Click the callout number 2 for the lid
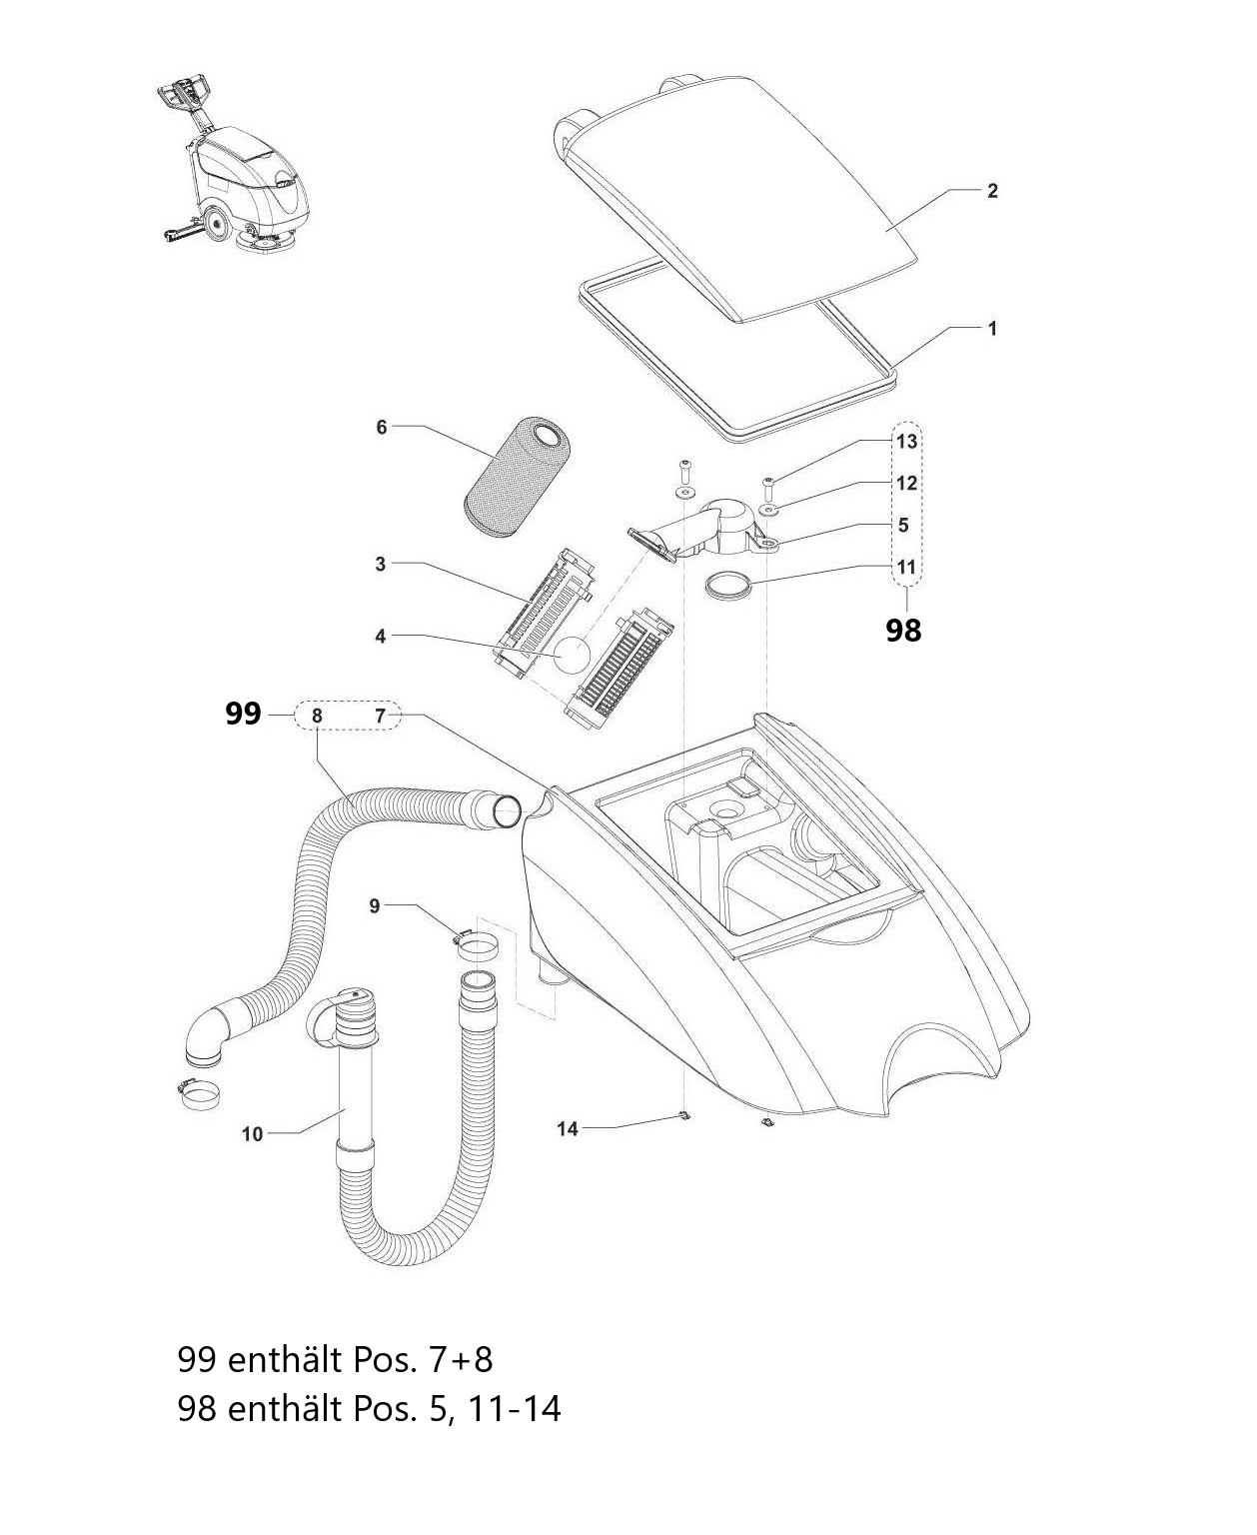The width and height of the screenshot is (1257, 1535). pos(992,191)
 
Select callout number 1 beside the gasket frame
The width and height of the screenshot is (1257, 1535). pos(992,329)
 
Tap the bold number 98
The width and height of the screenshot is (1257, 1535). pos(903,631)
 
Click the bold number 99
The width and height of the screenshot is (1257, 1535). pos(243,714)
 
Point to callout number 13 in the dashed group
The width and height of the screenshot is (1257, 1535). pos(907,441)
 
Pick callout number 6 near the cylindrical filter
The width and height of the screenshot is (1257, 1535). pos(382,428)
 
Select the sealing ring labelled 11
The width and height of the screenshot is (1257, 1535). pos(729,586)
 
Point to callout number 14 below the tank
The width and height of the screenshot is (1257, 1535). pos(567,1129)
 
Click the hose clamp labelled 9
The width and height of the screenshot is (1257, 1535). pos(477,947)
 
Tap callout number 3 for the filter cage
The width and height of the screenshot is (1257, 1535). pos(380,564)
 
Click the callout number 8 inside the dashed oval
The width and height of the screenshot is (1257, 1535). pos(317,717)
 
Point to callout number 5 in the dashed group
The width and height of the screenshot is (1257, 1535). pos(903,525)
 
